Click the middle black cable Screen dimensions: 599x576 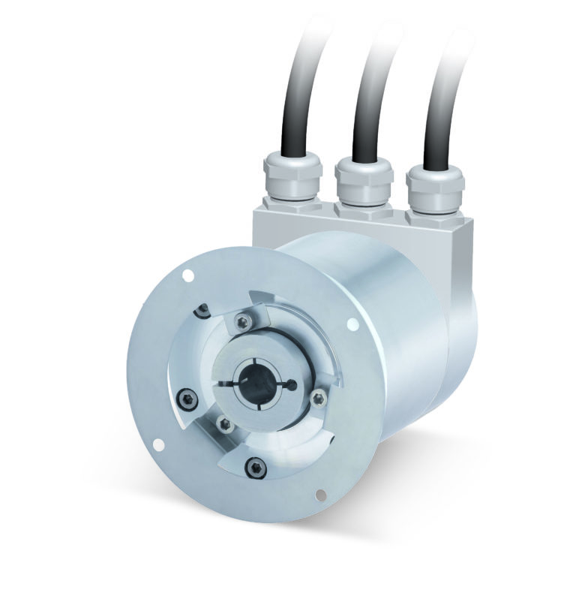(x=370, y=98)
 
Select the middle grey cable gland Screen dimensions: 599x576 (x=363, y=181)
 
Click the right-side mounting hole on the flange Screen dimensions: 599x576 (x=352, y=324)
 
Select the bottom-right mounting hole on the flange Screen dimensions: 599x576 (x=320, y=494)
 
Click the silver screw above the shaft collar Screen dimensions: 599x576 (x=241, y=322)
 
